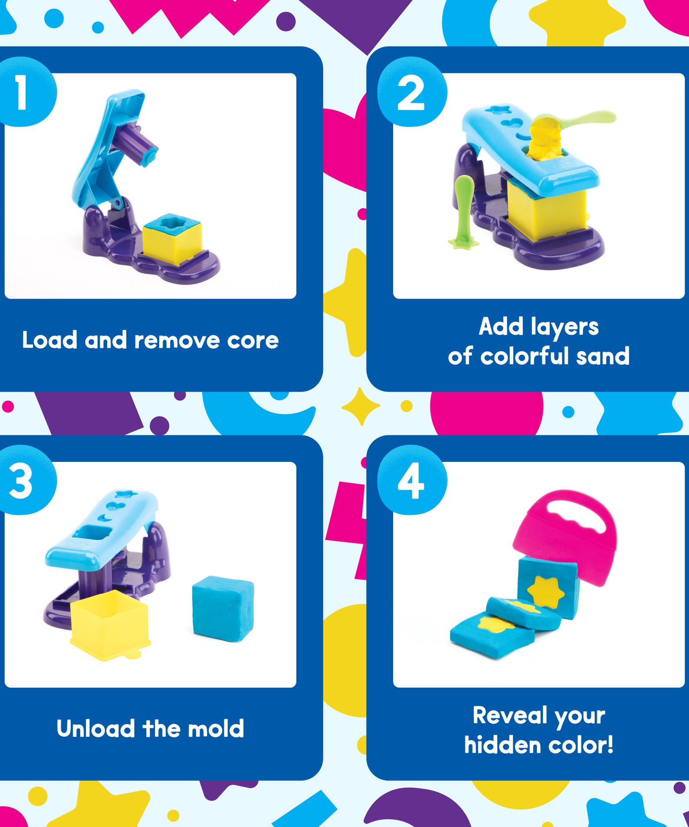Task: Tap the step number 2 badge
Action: coord(411,92)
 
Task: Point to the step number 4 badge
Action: coord(411,481)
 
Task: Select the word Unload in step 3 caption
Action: coord(95,729)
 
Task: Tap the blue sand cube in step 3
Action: coord(223,608)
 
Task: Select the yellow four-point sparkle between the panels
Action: coord(360,406)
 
